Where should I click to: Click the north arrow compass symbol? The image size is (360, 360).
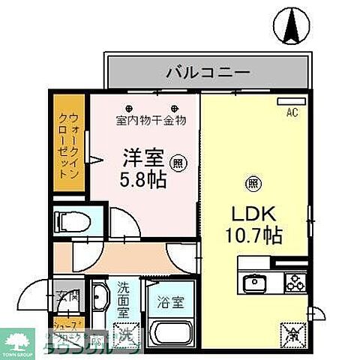click(x=292, y=26)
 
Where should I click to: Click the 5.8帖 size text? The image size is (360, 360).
click(x=143, y=180)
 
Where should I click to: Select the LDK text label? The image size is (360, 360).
click(x=252, y=212)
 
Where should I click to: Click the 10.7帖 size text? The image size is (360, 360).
click(x=253, y=235)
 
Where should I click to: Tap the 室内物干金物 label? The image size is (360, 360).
click(x=151, y=119)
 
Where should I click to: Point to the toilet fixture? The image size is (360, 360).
click(x=70, y=220)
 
